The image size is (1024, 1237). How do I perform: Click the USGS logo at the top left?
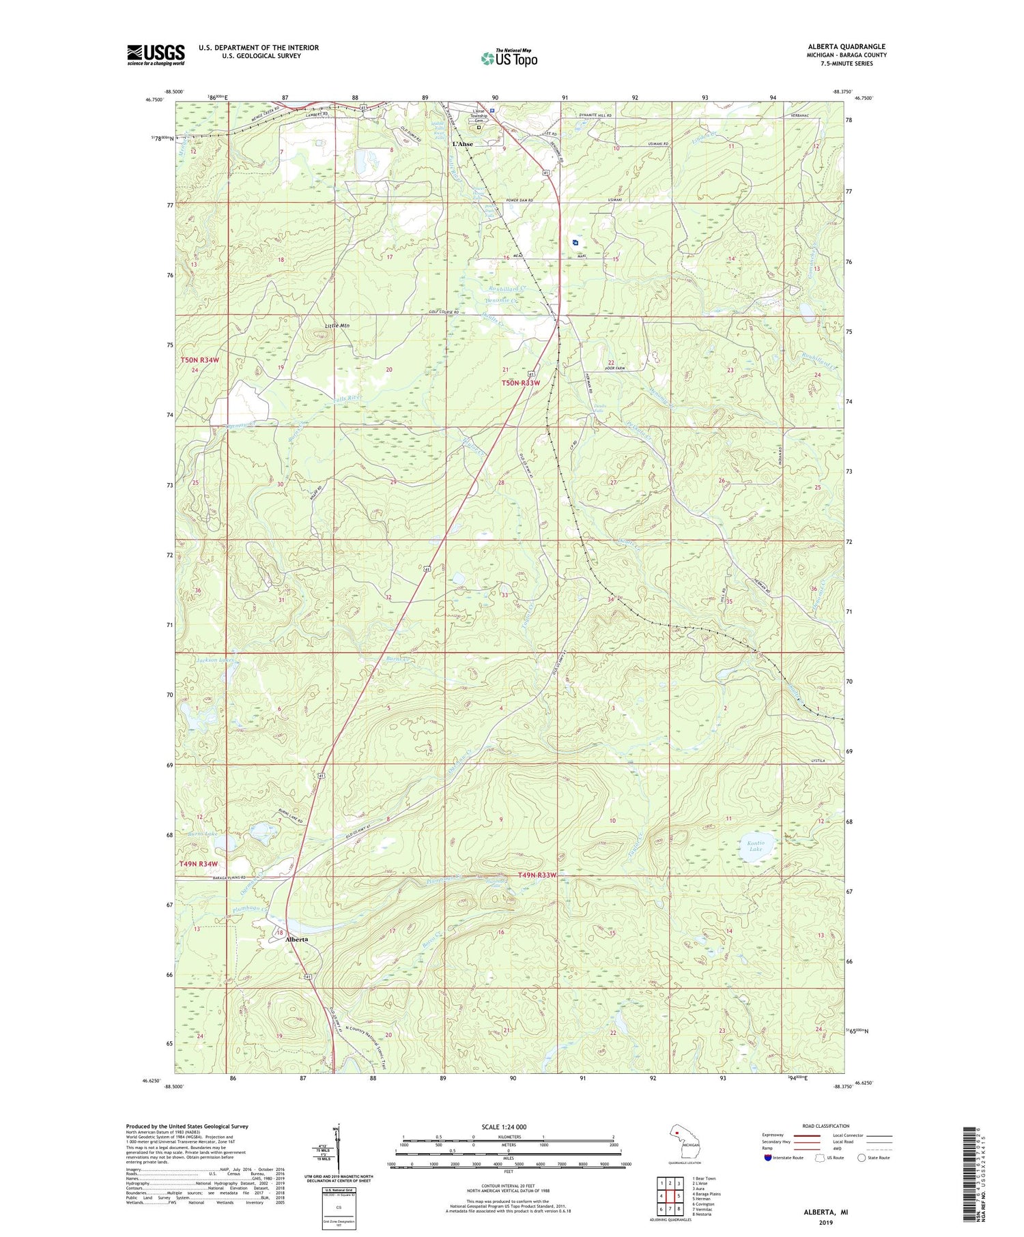(x=156, y=55)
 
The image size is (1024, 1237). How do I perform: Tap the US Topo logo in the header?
(x=509, y=59)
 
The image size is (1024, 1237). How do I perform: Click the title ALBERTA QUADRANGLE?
(x=847, y=47)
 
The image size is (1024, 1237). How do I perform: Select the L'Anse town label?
(x=463, y=145)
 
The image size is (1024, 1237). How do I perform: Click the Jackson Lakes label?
(x=216, y=660)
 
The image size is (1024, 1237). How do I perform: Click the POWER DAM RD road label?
(x=519, y=200)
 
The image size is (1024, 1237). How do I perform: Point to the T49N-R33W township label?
(x=537, y=875)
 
